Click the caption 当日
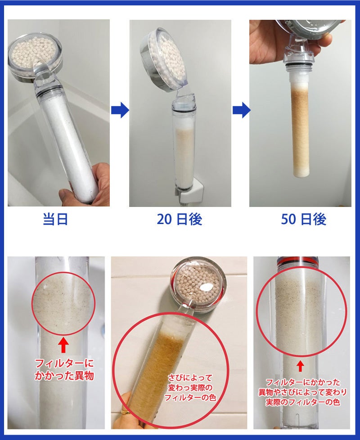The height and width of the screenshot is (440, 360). click(x=55, y=219)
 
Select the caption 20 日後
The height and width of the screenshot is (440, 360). click(x=180, y=219)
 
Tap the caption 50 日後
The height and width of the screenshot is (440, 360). click(x=304, y=219)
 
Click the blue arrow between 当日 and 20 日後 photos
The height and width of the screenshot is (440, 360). click(x=120, y=110)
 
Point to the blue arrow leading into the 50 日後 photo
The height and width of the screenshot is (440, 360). click(x=241, y=110)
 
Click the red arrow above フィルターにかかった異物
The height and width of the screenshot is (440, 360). click(x=63, y=345)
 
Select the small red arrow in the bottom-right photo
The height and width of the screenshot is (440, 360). click(x=300, y=366)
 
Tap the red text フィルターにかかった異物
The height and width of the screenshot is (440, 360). click(x=64, y=369)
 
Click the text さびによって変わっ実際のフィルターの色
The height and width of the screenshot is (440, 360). click(x=190, y=387)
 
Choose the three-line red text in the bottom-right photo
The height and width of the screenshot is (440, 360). click(x=302, y=392)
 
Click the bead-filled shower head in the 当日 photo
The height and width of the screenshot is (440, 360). click(x=35, y=58)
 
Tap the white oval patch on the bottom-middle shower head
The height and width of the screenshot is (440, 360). click(x=206, y=287)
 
